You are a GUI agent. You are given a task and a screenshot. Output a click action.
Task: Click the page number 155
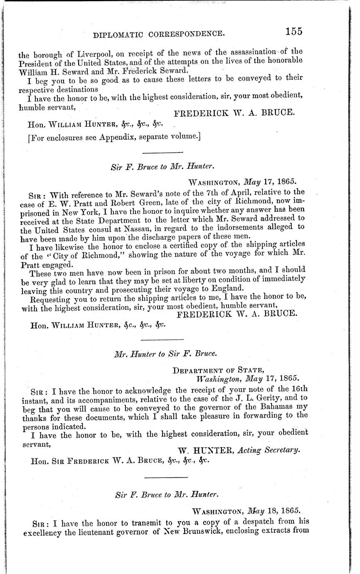click(293, 31)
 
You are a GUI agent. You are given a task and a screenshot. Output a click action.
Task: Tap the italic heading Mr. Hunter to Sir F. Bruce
click(165, 355)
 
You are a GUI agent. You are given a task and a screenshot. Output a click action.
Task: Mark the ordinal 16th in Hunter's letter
click(298, 390)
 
